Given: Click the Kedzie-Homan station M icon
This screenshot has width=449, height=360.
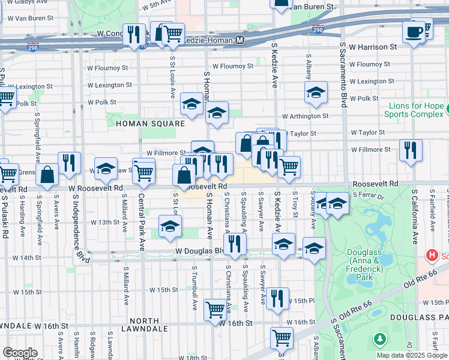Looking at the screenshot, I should [x=240, y=40].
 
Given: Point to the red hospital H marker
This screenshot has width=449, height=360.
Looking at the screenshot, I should [x=430, y=256].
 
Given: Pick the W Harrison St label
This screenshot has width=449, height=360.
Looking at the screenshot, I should [x=373, y=46].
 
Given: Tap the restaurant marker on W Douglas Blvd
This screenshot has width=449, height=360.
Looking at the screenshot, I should [x=234, y=243].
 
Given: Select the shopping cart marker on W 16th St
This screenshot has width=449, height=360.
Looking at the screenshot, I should [x=214, y=310].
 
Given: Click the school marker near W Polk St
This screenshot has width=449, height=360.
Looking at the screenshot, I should [x=316, y=92].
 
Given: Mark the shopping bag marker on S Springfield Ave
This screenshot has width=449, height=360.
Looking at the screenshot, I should [x=47, y=175].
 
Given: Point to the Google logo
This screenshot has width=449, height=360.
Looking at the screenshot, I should [x=20, y=353].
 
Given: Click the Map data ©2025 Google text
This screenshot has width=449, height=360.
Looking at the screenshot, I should [x=411, y=355].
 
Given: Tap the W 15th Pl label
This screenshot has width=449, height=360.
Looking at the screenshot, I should [x=304, y=301].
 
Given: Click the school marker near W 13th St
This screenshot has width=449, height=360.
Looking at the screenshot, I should [x=170, y=226].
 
